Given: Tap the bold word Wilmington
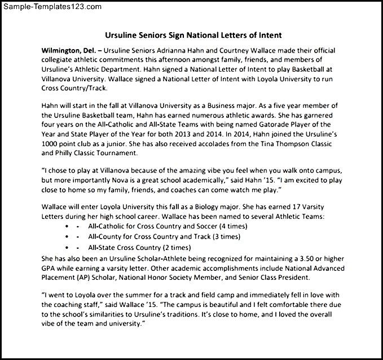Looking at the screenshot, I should [x=62, y=50].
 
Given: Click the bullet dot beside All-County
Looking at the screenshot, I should [x=67, y=236].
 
